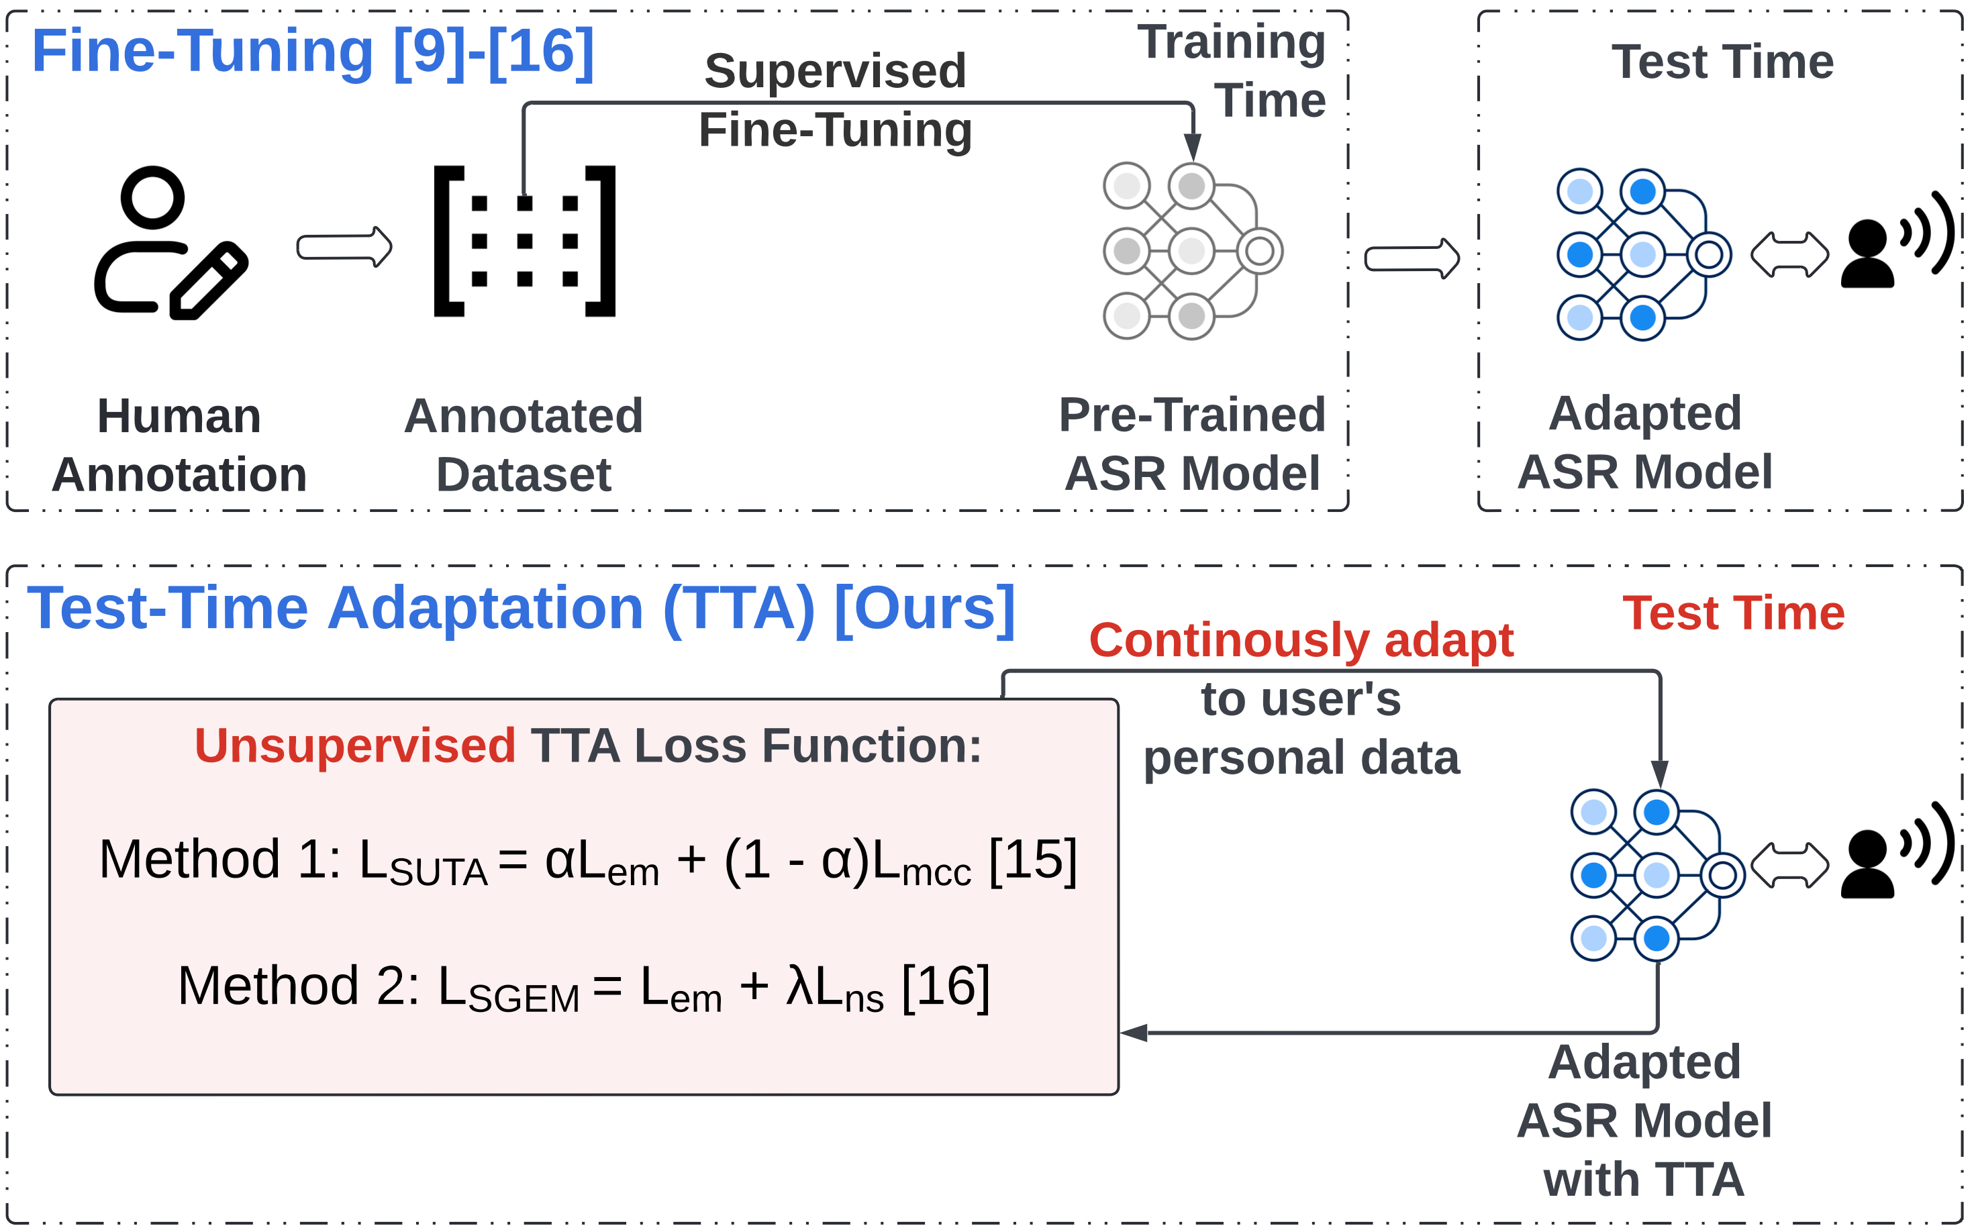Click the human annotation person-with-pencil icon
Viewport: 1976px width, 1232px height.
tap(170, 243)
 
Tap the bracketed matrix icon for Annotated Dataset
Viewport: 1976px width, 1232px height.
tap(524, 241)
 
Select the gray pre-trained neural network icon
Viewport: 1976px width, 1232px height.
tap(1191, 251)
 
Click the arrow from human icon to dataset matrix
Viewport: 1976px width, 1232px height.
tap(344, 246)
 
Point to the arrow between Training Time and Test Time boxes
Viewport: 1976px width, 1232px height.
tap(1412, 258)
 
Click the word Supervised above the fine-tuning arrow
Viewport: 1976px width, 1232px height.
tap(835, 71)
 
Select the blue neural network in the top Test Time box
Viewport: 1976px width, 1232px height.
tap(1642, 254)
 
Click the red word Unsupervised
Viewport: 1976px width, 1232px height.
tap(354, 746)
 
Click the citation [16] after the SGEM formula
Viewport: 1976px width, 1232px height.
tap(945, 986)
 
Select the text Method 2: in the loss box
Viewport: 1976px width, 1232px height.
tap(298, 986)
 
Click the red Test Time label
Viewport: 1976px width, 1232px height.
tap(1732, 613)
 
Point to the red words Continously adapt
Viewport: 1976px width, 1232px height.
tap(1301, 639)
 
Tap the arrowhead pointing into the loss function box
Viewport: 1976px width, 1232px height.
tap(1134, 1032)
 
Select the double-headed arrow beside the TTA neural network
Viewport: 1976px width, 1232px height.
tap(1789, 866)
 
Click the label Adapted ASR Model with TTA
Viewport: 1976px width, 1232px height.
tap(1644, 1121)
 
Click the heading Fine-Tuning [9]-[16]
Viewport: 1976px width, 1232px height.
tap(313, 51)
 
